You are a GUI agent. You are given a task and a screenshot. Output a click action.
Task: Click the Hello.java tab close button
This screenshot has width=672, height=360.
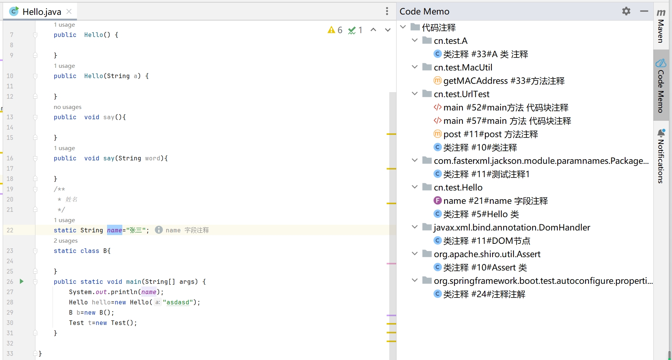tap(69, 11)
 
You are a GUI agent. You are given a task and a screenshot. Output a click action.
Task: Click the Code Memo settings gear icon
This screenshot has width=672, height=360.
tap(626, 11)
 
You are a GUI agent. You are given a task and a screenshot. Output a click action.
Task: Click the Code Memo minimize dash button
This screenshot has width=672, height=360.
tap(644, 11)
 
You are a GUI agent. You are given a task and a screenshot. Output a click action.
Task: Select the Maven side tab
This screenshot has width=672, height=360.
tap(661, 27)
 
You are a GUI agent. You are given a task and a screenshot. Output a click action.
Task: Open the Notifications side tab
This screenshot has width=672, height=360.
tap(661, 156)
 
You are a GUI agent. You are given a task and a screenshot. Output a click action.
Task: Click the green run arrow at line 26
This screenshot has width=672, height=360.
tap(22, 282)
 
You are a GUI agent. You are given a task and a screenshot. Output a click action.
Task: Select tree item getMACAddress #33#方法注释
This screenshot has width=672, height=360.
tap(504, 81)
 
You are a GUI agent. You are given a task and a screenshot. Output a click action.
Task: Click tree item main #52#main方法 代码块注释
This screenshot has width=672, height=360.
tap(506, 107)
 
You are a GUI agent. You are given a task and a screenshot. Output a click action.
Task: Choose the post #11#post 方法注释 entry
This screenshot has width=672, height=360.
tap(490, 134)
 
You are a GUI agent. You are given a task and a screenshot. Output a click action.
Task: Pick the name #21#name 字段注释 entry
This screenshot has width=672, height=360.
tap(495, 201)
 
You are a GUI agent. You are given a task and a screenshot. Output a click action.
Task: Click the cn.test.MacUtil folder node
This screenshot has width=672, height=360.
tap(463, 67)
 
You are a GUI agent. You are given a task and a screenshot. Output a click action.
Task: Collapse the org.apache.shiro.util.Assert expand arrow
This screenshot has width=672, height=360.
tap(415, 254)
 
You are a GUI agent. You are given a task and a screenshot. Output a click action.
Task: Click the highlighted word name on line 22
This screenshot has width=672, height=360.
tap(114, 230)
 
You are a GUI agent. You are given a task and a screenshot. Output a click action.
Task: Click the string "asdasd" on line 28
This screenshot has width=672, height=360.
tap(178, 302)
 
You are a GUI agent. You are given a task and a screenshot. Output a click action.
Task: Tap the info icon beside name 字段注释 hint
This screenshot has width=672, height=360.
tap(159, 230)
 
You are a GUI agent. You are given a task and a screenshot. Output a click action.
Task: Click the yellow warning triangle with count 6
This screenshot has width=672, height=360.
tap(331, 30)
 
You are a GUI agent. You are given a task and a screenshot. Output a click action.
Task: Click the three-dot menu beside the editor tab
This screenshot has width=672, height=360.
tap(387, 11)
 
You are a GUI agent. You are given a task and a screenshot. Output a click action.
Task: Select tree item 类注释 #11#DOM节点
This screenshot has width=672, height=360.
tap(486, 241)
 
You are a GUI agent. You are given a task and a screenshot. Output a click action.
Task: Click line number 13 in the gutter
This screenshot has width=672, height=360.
tap(10, 117)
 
